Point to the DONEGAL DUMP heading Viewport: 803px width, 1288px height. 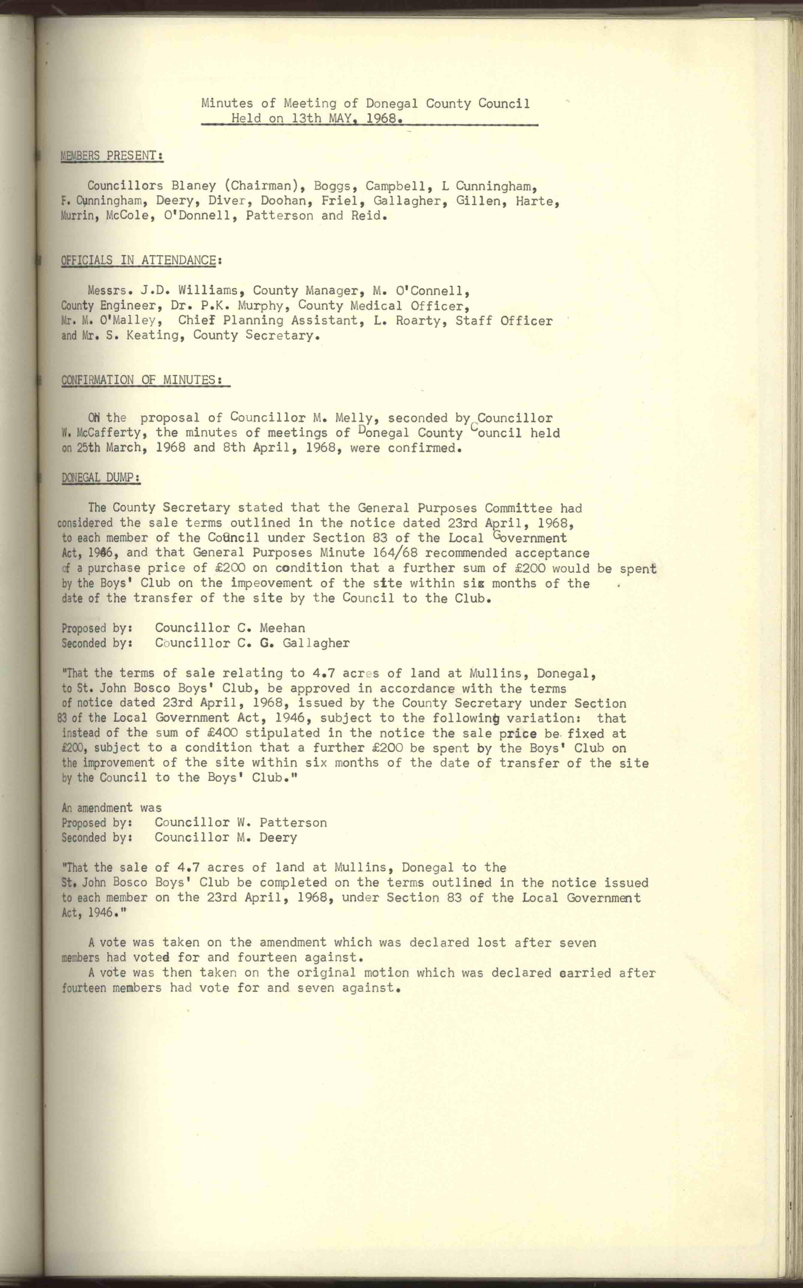tap(101, 478)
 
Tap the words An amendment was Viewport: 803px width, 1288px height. tap(111, 807)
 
